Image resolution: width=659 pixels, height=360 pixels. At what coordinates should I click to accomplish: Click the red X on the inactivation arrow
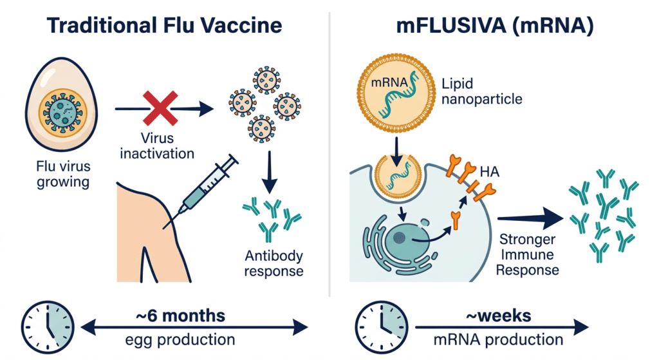pyautogui.click(x=160, y=108)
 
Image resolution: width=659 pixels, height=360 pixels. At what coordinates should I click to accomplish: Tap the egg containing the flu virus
pyautogui.click(x=62, y=104)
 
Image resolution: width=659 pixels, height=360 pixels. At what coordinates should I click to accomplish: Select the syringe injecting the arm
pyautogui.click(x=201, y=191)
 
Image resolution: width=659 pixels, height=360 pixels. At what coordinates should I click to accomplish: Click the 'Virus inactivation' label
pyautogui.click(x=157, y=146)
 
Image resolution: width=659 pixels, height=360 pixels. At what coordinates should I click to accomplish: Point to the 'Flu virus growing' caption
pyautogui.click(x=63, y=174)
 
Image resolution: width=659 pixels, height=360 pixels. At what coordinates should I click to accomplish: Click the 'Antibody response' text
pyautogui.click(x=274, y=263)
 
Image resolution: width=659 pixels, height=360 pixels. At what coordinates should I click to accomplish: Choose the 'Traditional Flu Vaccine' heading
pyautogui.click(x=164, y=25)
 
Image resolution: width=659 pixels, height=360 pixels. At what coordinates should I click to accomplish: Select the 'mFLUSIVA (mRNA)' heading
pyautogui.click(x=495, y=25)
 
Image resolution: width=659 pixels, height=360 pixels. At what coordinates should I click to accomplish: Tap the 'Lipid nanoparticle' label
pyautogui.click(x=481, y=91)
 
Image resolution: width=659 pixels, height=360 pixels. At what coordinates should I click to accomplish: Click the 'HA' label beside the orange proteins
pyautogui.click(x=489, y=171)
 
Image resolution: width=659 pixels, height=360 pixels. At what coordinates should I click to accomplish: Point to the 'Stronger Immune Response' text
pyautogui.click(x=528, y=254)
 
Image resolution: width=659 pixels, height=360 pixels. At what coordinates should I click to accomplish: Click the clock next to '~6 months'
pyautogui.click(x=48, y=327)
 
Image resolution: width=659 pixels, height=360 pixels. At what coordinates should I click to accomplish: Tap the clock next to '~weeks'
pyautogui.click(x=381, y=327)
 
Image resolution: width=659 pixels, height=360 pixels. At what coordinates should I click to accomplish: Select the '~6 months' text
pyautogui.click(x=181, y=316)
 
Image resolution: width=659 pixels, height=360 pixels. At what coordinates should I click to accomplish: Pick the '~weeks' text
pyautogui.click(x=499, y=316)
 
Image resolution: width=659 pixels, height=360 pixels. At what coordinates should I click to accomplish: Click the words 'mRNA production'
pyautogui.click(x=499, y=339)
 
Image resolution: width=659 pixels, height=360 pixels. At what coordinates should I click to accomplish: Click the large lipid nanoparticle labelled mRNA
pyautogui.click(x=396, y=93)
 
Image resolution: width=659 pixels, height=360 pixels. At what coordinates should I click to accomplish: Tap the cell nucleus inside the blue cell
pyautogui.click(x=407, y=240)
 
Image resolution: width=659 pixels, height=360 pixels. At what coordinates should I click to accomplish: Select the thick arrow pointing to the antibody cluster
pyautogui.click(x=530, y=218)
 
